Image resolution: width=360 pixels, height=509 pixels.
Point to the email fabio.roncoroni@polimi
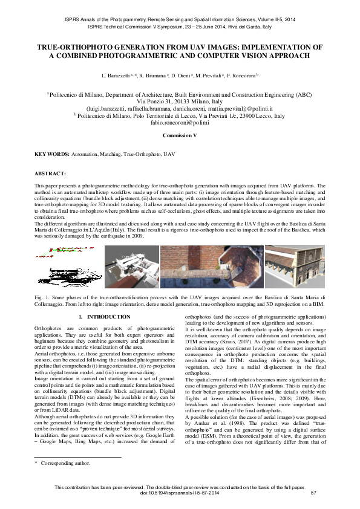pyautogui.click(x=180, y=123)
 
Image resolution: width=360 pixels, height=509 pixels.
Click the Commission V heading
pyautogui.click(x=180, y=136)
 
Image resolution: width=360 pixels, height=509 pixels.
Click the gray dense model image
pyautogui.click(x=131, y=267)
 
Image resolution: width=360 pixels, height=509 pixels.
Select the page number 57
pyautogui.click(x=313, y=493)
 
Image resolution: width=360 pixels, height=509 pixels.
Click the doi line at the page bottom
pyautogui.click(x=180, y=493)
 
